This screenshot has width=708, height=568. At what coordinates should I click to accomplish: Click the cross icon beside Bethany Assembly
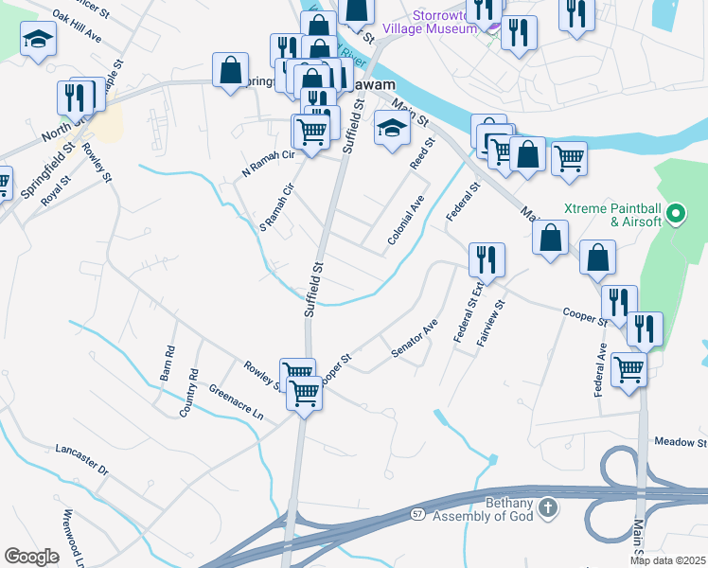pos(548,510)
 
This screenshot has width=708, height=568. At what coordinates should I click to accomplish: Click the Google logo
pos(32,557)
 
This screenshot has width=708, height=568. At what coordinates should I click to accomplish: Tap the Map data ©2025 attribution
pos(668,560)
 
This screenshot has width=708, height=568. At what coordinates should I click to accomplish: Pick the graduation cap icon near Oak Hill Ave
pos(39,39)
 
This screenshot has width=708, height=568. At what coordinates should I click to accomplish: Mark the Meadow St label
pos(681,442)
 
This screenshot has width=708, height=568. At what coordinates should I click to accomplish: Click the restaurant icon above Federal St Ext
pos(486,258)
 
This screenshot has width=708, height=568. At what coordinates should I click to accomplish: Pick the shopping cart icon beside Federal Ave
pos(629,369)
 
